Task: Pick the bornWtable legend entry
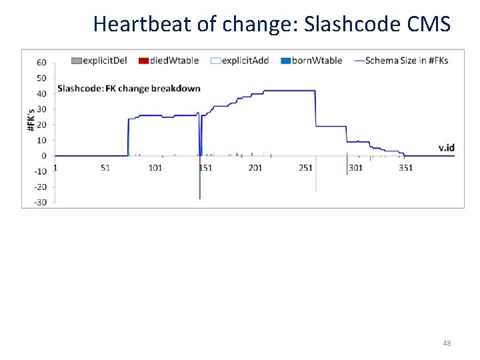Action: point(312,60)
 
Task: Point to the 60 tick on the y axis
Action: point(41,63)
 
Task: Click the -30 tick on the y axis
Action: point(41,203)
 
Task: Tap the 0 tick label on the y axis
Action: point(44,156)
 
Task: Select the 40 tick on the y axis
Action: point(41,94)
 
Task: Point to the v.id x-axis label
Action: point(447,147)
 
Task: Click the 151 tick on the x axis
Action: point(205,167)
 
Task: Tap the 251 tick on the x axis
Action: point(305,167)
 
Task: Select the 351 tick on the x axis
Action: point(405,167)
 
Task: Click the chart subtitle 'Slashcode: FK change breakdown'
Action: point(129,89)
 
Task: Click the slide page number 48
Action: point(447,343)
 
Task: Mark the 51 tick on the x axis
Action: point(105,167)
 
